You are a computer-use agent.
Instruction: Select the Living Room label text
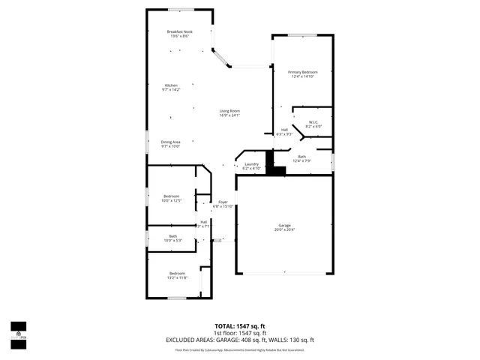(229, 112)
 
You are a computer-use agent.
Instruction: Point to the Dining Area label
(171, 143)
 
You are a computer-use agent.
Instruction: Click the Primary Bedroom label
(301, 73)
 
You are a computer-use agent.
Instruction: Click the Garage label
(284, 227)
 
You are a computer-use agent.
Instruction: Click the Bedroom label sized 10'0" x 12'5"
(172, 198)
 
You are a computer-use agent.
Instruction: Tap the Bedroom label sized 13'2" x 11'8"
(177, 274)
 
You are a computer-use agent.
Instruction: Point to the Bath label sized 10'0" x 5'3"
(173, 238)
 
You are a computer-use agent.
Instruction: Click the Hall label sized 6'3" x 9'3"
(285, 131)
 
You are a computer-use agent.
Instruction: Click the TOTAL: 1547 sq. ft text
(239, 326)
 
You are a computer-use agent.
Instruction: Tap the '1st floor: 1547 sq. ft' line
(239, 333)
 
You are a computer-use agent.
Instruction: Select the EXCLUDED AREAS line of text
(239, 340)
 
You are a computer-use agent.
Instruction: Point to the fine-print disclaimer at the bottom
(239, 349)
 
